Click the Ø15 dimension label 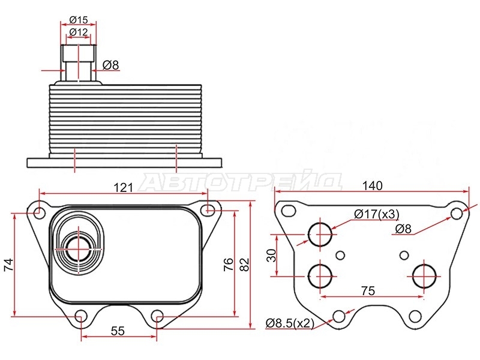(79, 20)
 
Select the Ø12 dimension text (79, 32)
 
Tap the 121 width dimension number (124, 187)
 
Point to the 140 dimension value (372, 185)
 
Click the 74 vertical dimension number (8, 265)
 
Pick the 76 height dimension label (229, 264)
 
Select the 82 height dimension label (244, 265)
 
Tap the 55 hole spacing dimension (118, 331)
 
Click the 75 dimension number (368, 290)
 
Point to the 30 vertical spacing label (272, 256)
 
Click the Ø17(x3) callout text (377, 214)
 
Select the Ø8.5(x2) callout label (290, 323)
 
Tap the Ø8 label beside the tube (110, 65)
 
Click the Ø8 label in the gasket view (403, 229)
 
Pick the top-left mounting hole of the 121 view (39, 212)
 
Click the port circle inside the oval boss (79, 250)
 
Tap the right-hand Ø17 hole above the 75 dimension (424, 277)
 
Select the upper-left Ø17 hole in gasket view (320, 235)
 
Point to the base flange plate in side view (124, 163)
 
